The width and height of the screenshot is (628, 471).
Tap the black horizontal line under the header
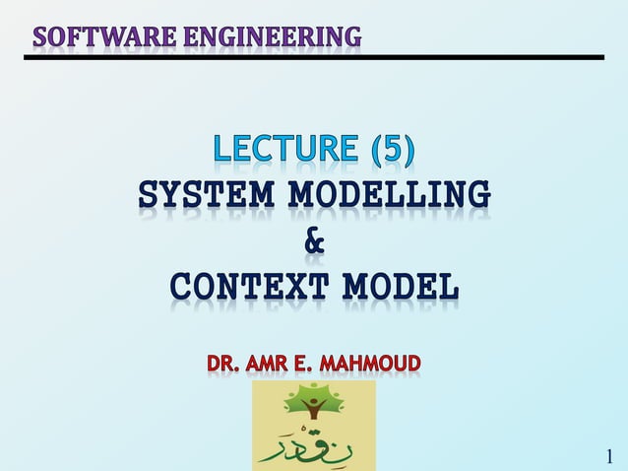coord(314,58)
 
